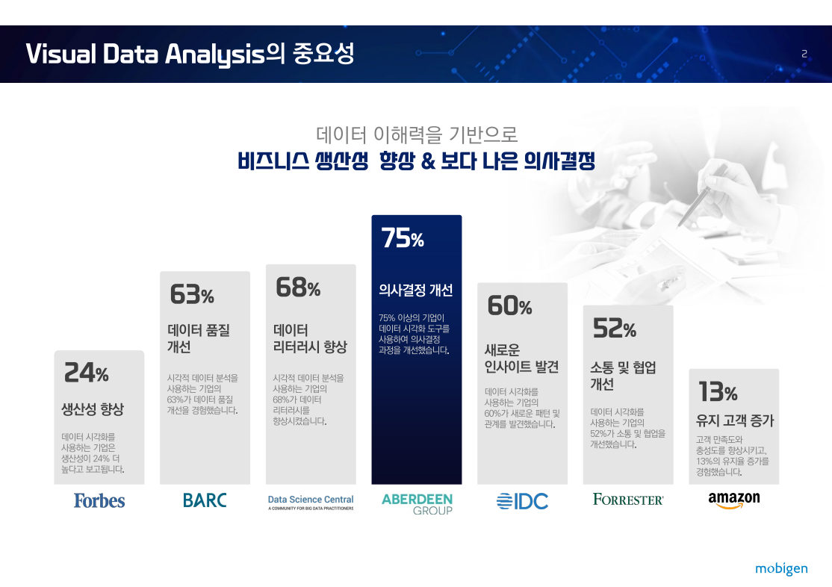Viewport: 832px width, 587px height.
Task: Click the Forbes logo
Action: (x=99, y=500)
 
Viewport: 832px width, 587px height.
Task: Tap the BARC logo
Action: (x=205, y=500)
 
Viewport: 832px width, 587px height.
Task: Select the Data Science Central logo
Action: (x=311, y=502)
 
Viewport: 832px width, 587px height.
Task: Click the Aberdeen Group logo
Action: (x=417, y=504)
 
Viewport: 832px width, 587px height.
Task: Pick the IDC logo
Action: (x=522, y=501)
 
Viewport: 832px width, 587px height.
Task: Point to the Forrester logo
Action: (x=627, y=500)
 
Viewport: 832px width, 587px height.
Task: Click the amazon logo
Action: (x=734, y=500)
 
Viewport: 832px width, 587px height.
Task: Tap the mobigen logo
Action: (x=781, y=569)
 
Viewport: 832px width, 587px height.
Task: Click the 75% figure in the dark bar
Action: (x=403, y=237)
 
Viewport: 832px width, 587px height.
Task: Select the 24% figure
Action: (x=86, y=372)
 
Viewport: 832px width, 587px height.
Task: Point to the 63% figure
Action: (x=191, y=294)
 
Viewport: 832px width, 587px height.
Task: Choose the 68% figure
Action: (x=298, y=287)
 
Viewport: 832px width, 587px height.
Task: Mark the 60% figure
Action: (x=509, y=305)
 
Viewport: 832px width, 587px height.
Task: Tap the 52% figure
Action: (x=615, y=327)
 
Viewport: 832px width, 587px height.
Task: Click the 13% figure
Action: (x=718, y=391)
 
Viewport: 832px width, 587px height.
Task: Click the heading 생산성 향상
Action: (x=93, y=409)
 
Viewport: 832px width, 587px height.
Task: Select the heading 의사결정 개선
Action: (x=415, y=290)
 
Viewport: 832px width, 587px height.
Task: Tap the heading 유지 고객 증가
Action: (x=735, y=420)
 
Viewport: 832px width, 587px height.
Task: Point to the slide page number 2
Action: (x=804, y=54)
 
